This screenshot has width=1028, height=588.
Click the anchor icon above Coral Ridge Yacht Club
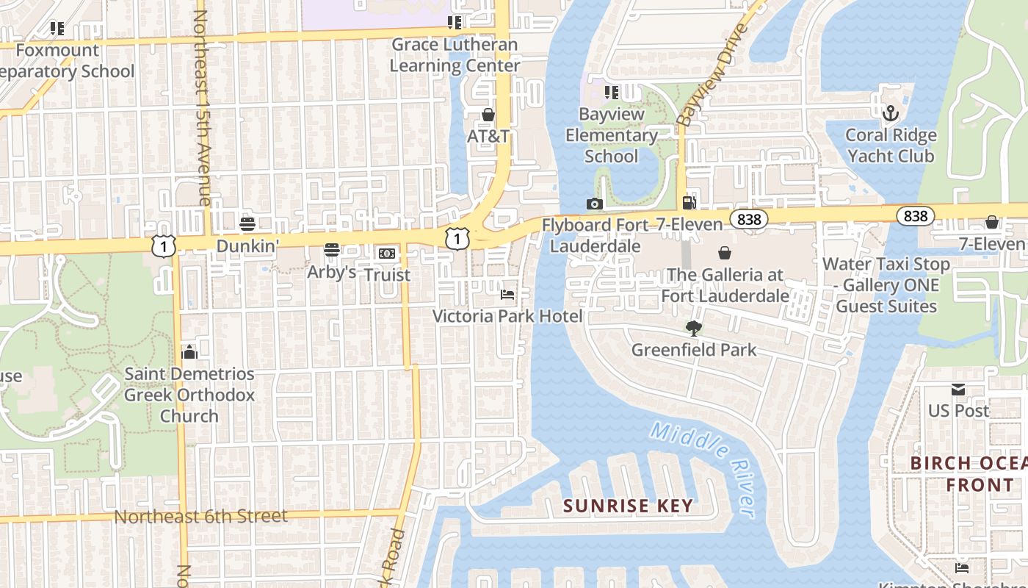click(x=890, y=113)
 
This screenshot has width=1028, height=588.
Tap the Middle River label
click(x=703, y=470)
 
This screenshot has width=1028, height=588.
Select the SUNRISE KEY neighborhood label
click(x=628, y=506)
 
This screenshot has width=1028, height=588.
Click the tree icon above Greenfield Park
click(x=693, y=328)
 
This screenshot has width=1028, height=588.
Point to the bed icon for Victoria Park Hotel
click(x=507, y=295)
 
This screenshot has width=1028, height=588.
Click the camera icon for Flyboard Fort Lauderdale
click(x=595, y=204)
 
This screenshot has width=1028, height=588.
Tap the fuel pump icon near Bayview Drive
click(x=689, y=202)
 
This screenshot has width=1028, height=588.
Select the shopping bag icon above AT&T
click(x=488, y=115)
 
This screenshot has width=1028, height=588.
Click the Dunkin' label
click(x=247, y=245)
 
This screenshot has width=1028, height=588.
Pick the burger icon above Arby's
click(x=332, y=250)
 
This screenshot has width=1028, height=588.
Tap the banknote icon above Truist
click(x=387, y=254)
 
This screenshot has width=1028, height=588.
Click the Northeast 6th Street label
click(x=200, y=516)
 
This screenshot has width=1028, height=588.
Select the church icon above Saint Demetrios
click(x=189, y=352)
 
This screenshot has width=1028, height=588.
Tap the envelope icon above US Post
click(x=958, y=389)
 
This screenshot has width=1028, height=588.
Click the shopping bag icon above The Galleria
click(x=725, y=253)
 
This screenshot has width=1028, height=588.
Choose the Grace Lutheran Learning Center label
click(x=455, y=55)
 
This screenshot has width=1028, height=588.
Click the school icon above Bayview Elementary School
click(x=611, y=93)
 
